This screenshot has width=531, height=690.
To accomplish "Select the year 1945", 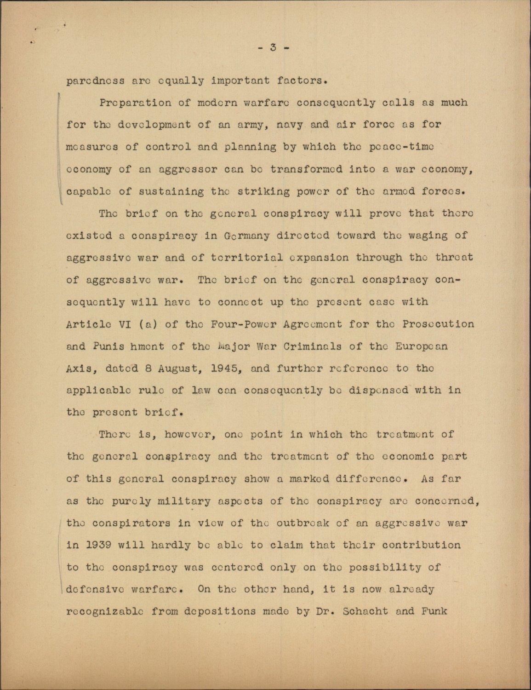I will pyautogui.click(x=224, y=368).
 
